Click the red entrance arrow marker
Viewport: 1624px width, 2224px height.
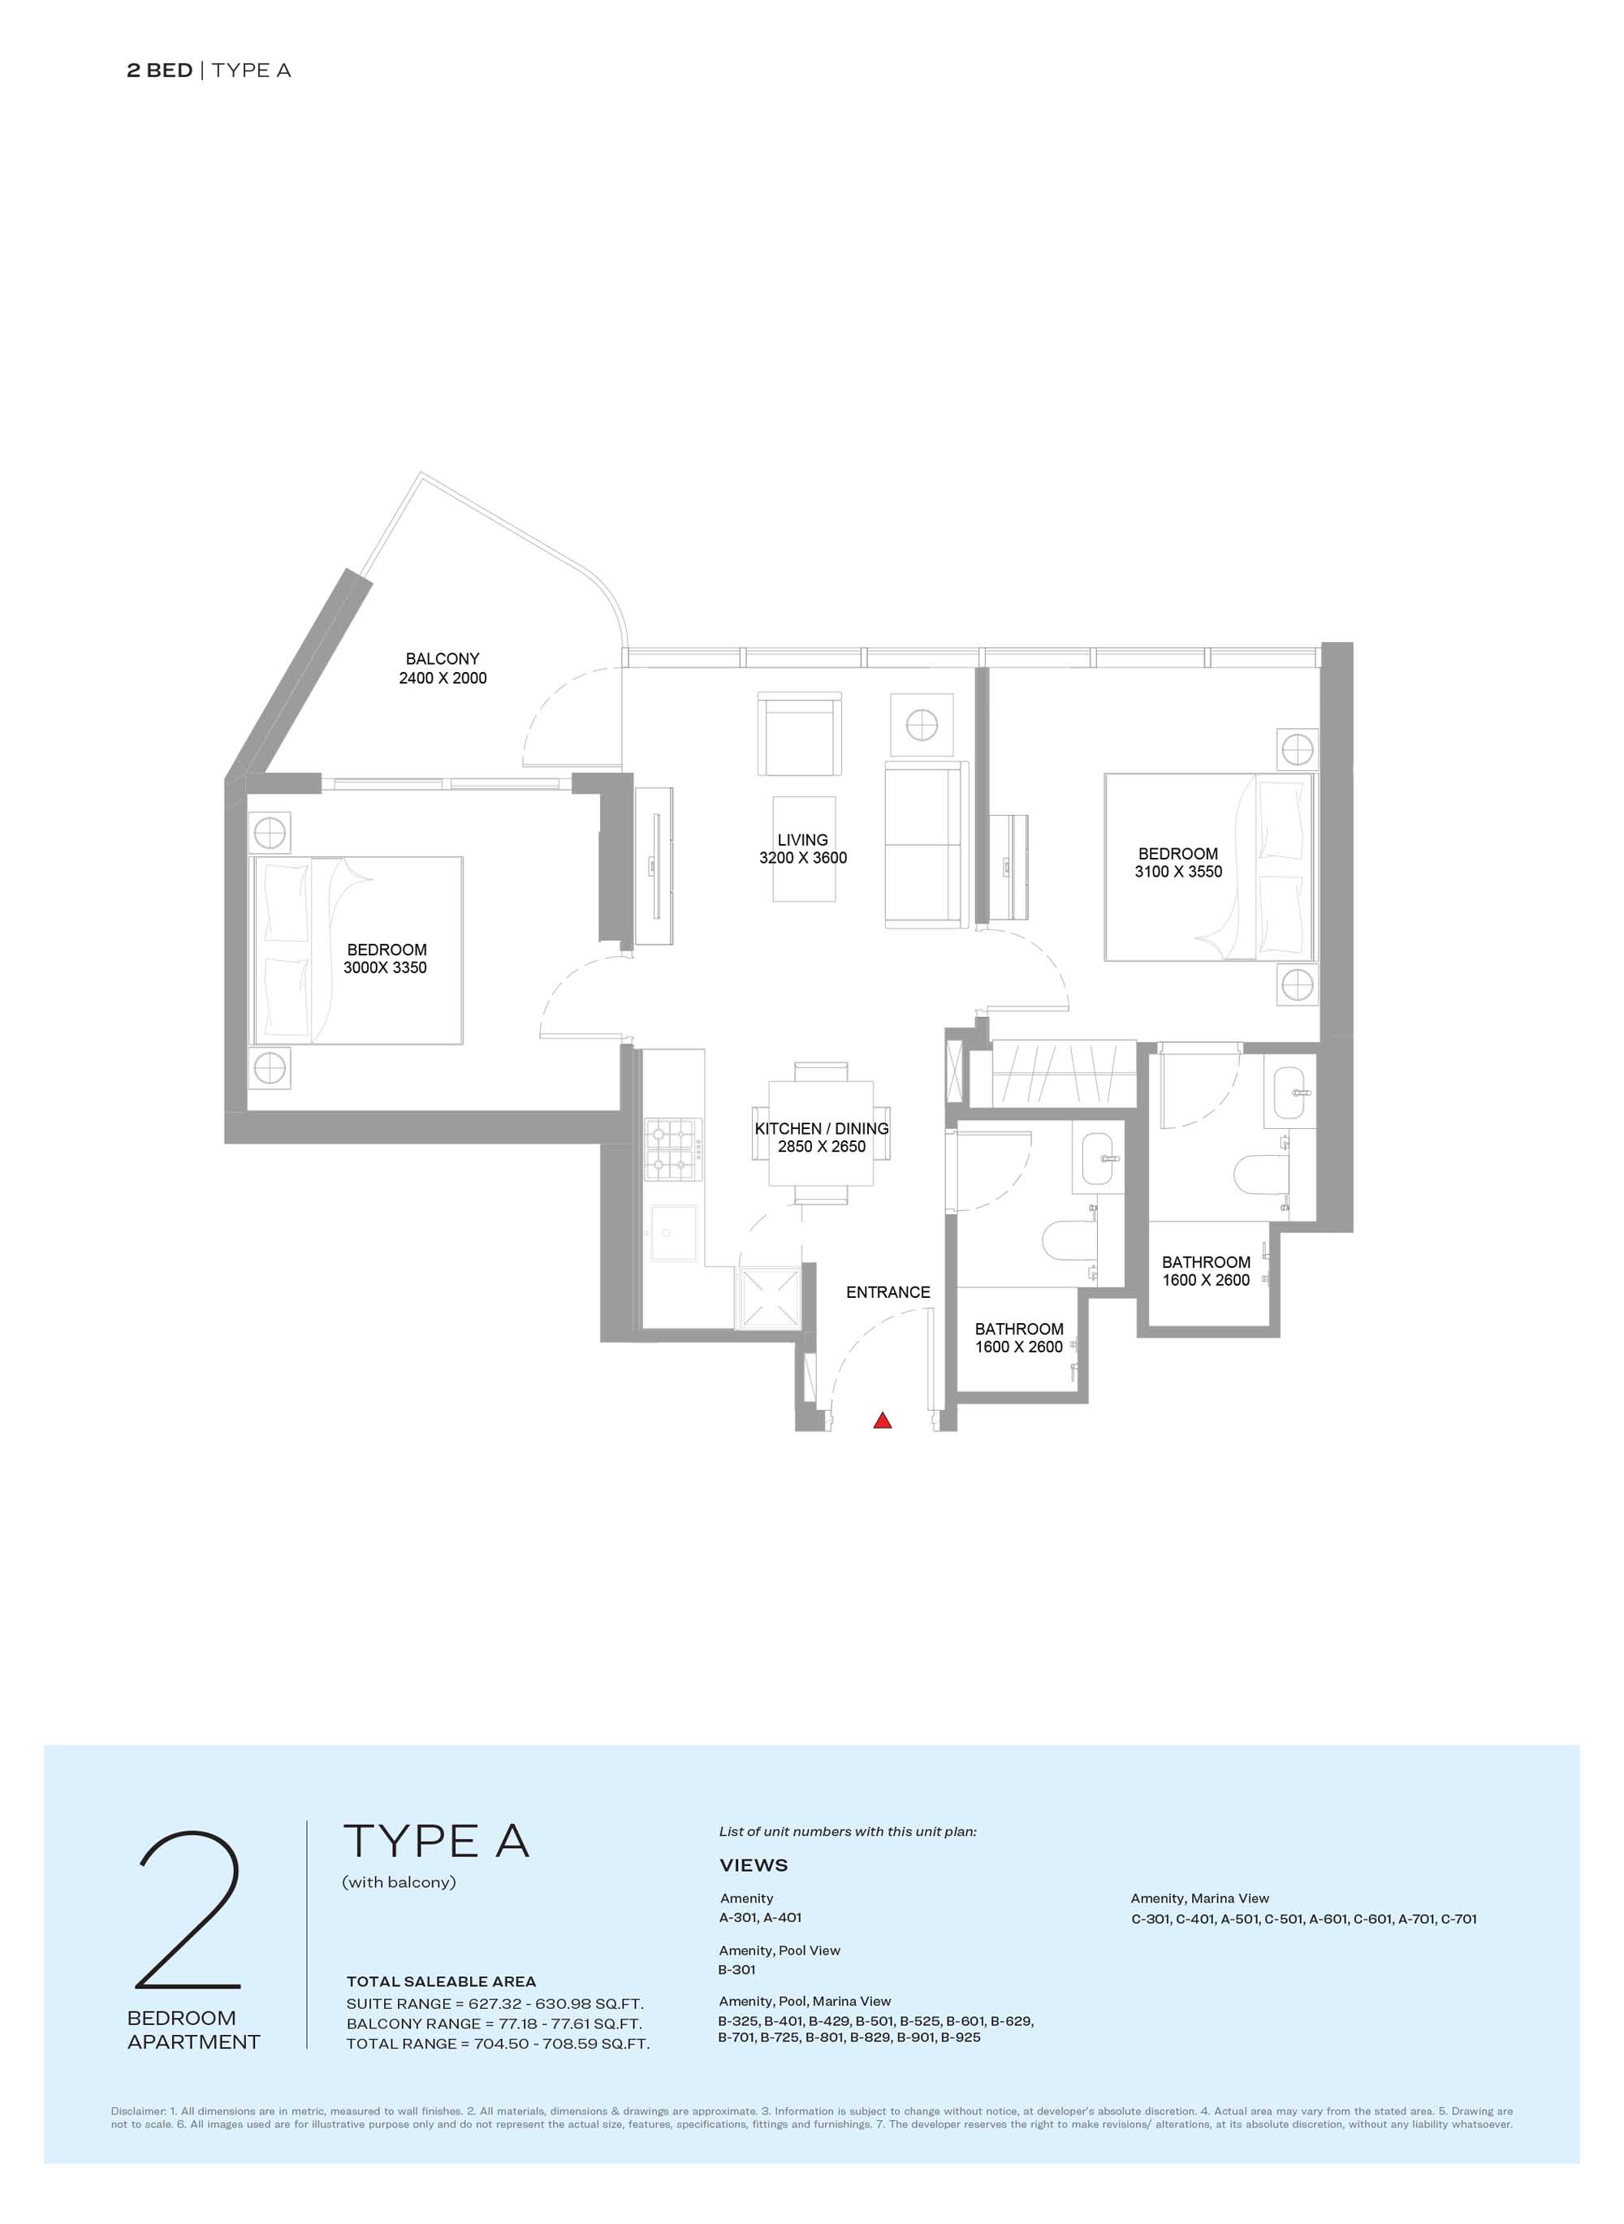882,1420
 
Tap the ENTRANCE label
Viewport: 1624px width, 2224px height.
888,1292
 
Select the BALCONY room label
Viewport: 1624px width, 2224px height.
443,658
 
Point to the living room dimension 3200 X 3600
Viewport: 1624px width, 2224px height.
802,858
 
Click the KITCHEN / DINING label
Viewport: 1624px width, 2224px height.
821,1128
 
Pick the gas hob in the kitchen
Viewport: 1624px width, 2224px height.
673,1149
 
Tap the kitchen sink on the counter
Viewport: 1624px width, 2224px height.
673,1235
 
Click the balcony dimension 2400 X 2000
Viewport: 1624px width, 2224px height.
443,678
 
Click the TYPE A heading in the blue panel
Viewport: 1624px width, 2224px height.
435,1842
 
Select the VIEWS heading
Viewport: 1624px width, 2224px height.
753,1865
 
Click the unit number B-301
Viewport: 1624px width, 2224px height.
736,1969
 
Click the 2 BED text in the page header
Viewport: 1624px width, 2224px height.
159,71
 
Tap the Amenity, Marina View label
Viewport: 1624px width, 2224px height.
1199,1899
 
